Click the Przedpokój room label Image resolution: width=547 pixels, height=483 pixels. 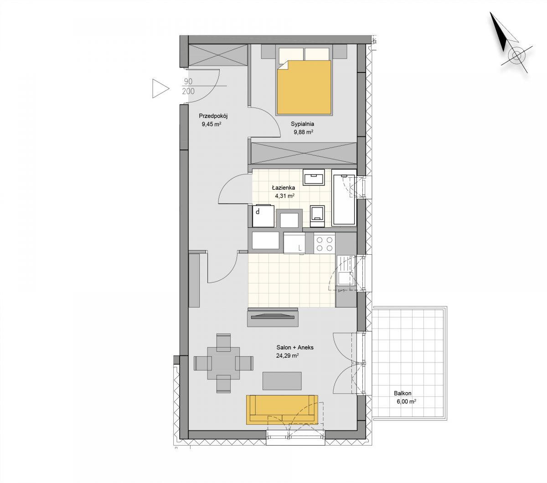[213, 116]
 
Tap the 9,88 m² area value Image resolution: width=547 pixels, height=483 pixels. [304, 132]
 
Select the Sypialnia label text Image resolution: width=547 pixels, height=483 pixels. [302, 124]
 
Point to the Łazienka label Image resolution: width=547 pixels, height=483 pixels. [283, 187]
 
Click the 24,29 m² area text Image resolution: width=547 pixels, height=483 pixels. [287, 355]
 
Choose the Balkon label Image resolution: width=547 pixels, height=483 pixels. [403, 393]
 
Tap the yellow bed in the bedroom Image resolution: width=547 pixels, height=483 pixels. [304, 87]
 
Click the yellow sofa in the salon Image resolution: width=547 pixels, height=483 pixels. [282, 410]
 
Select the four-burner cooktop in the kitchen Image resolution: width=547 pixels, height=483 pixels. [324, 244]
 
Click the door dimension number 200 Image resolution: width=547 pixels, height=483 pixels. [188, 91]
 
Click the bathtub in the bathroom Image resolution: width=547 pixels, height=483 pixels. [343, 198]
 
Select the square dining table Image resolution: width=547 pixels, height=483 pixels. [223, 363]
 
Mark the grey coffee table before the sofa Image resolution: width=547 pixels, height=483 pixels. [282, 380]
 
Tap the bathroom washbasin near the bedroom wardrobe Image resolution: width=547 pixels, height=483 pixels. [314, 177]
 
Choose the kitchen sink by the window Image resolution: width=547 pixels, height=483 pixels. [346, 278]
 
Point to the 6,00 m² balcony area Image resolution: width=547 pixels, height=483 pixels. [406, 401]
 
